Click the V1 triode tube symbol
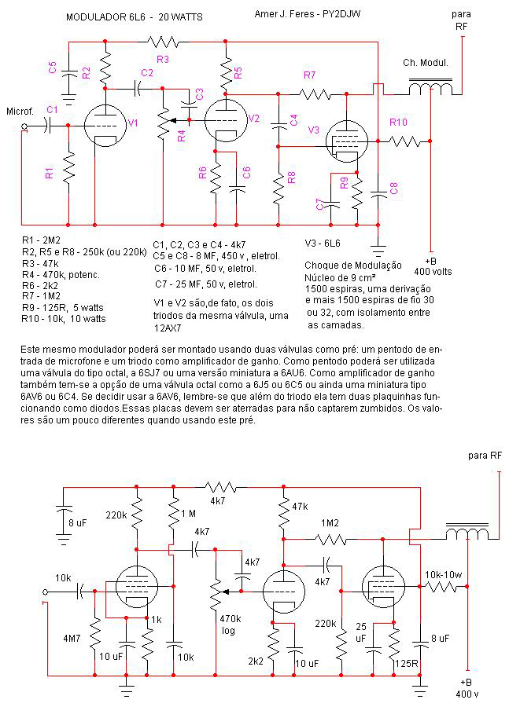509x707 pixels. tap(105, 126)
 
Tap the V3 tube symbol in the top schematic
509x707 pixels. tap(346, 141)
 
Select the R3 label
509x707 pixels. tap(163, 59)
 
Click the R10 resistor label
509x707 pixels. tap(398, 122)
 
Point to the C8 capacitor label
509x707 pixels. tap(394, 188)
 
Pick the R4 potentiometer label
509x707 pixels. tap(181, 135)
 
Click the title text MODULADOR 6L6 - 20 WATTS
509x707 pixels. tap(135, 17)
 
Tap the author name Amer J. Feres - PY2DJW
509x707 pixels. tap(308, 14)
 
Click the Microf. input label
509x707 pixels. tap(20, 111)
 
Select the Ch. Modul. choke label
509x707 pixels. tap(426, 63)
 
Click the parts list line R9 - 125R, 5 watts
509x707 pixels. tap(63, 307)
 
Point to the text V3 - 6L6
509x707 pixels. tap(323, 244)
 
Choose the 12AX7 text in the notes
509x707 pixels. tap(168, 328)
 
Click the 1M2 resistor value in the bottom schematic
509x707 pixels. tap(330, 523)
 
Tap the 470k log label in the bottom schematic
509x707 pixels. tap(231, 625)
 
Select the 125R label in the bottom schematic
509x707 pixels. tap(406, 663)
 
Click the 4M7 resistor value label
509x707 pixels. tap(72, 639)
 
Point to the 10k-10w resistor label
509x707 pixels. tap(444, 575)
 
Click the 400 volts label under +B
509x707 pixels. tap(433, 272)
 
